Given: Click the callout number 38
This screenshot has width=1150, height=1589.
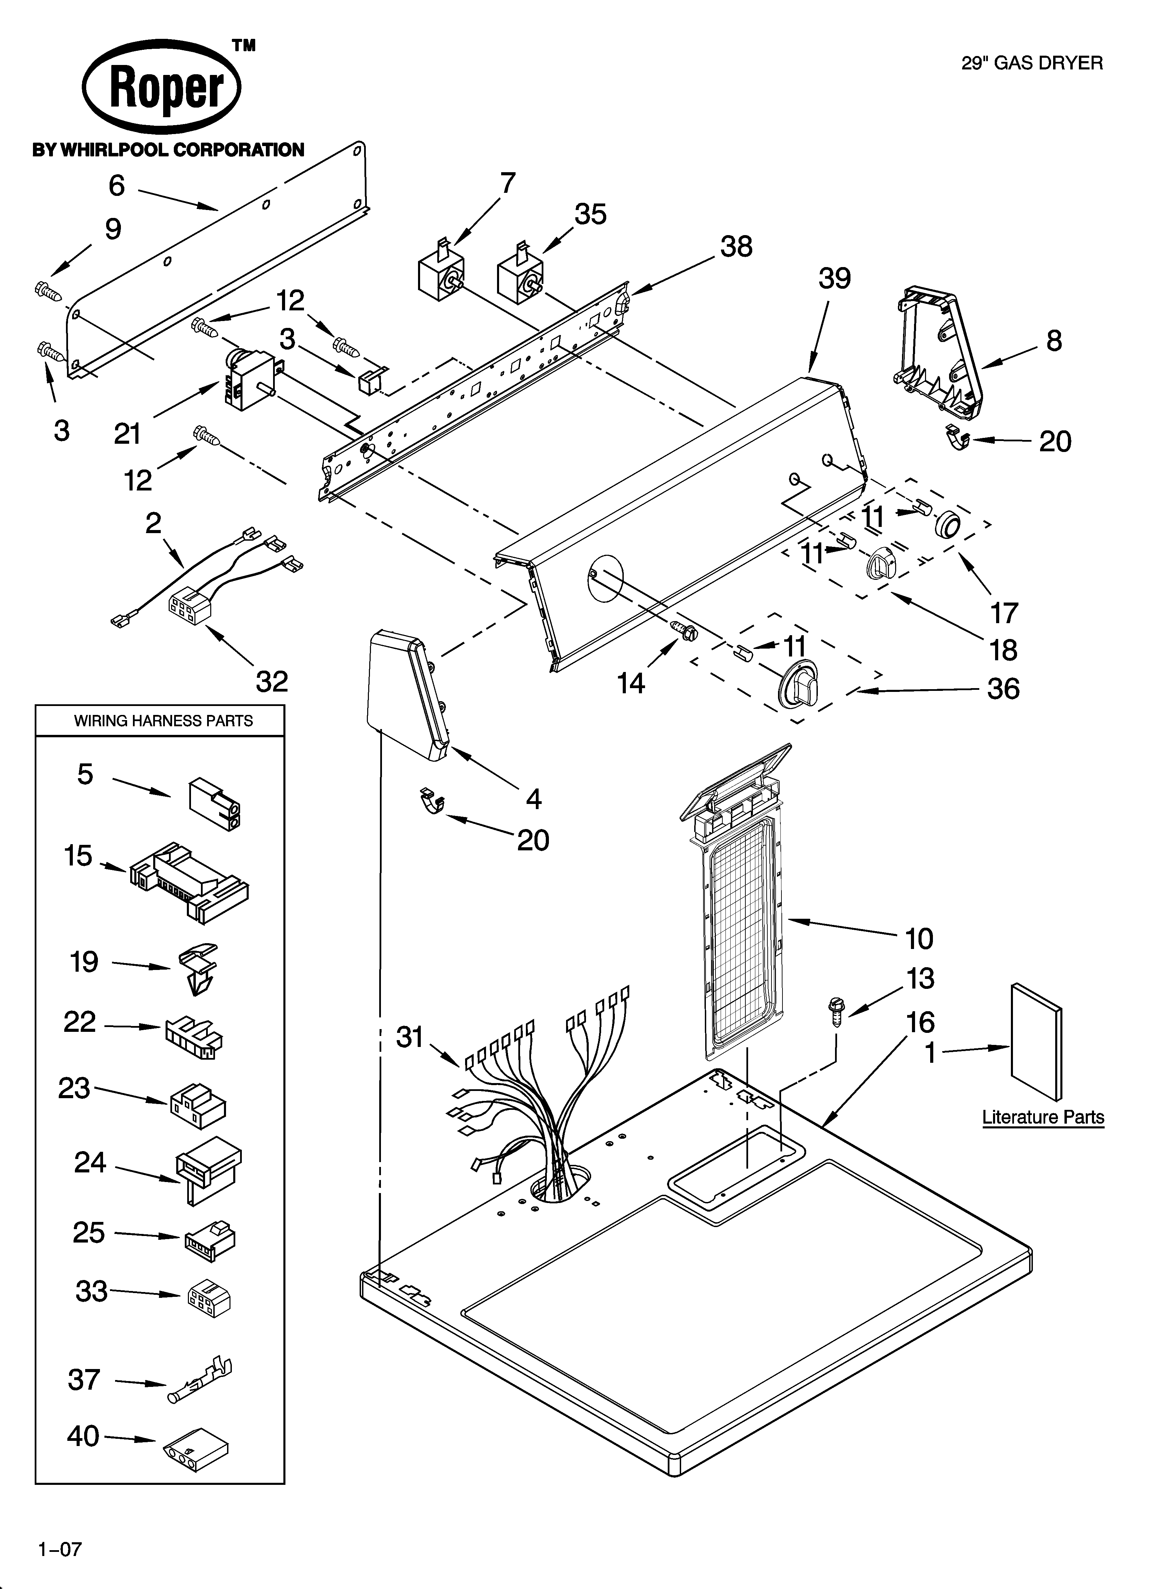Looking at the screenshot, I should point(736,247).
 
